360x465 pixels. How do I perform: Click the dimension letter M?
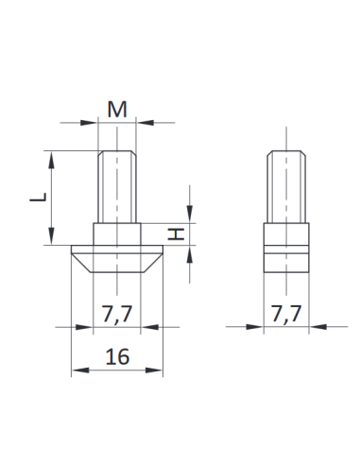[117, 109]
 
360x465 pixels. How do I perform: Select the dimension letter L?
[37, 198]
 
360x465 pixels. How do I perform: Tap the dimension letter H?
[176, 234]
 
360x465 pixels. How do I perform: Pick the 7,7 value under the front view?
[117, 314]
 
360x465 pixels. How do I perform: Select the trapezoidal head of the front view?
[117, 258]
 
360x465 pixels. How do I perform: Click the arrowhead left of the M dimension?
[92, 121]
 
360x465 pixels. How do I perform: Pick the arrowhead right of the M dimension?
[145, 121]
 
